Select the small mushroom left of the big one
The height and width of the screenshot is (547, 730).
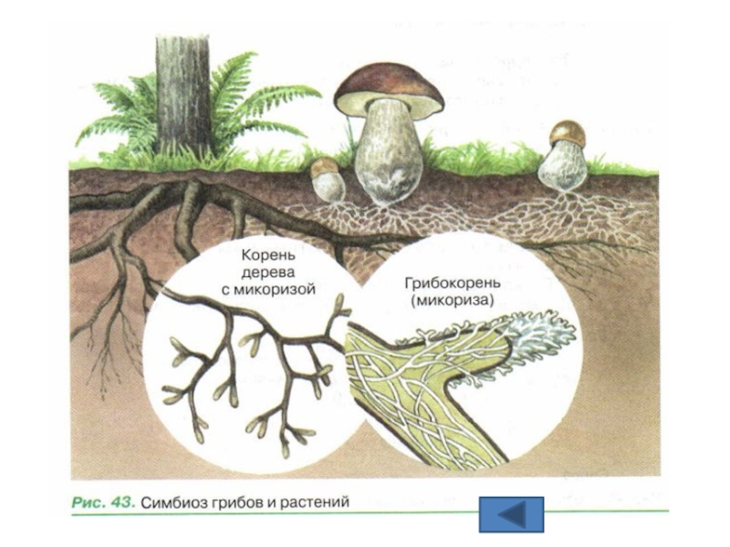coord(327,181)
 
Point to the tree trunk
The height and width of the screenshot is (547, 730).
coord(182,91)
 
